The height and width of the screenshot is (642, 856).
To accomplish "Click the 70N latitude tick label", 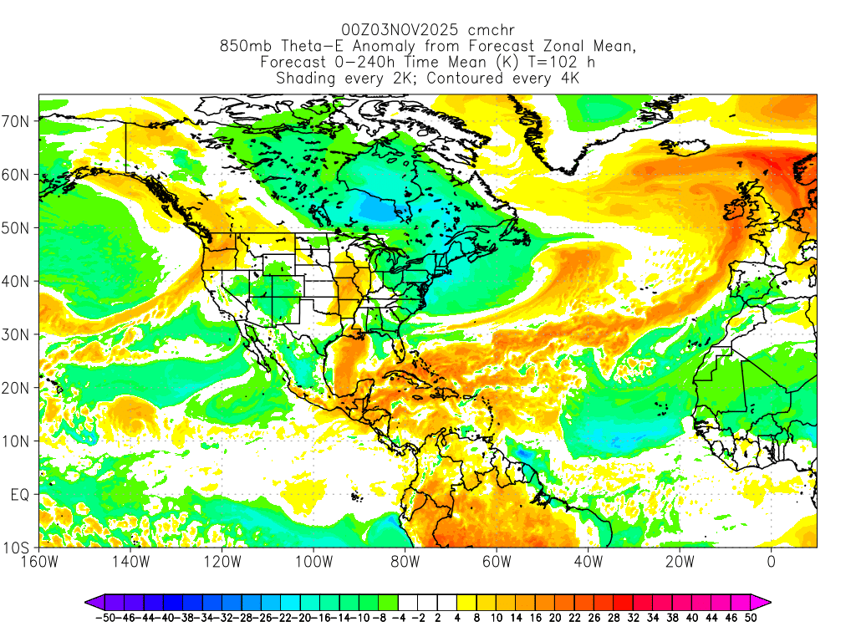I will (x=18, y=121).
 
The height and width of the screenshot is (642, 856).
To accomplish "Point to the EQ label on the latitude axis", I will (x=20, y=495).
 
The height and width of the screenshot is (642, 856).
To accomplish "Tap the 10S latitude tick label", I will (x=18, y=548).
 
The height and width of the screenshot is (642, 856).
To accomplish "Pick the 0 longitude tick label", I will (x=771, y=562).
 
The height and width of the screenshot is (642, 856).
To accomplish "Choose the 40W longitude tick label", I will (x=588, y=562).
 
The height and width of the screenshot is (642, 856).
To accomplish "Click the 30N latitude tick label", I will (x=18, y=334).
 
